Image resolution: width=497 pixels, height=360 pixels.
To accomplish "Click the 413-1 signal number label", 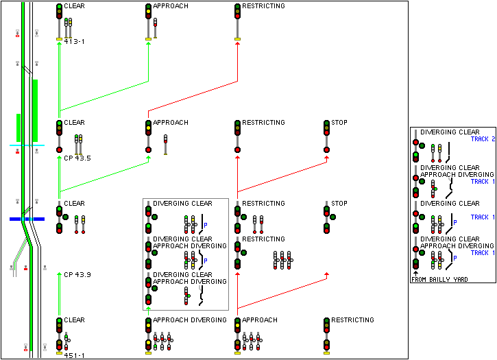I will (73, 42).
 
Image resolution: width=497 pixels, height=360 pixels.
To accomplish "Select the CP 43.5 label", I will (77, 158).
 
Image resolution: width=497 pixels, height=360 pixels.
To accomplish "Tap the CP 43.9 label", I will (77, 274).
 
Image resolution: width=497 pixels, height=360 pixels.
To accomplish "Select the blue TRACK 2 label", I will (483, 139).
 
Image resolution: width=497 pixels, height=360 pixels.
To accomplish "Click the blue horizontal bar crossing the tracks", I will (27, 219).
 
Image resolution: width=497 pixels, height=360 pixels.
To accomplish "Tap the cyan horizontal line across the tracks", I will (27, 145).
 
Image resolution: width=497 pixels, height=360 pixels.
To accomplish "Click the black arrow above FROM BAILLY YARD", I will (415, 273).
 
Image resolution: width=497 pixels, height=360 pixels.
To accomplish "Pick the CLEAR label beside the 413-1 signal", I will (74, 6).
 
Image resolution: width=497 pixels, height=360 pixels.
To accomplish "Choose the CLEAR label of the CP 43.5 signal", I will (74, 123).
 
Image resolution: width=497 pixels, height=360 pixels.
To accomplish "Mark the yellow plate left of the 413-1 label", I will (59, 40).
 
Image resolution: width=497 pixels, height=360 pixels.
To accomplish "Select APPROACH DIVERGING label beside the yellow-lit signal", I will (189, 320).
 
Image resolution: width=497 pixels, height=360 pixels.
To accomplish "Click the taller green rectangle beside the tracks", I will (35, 101).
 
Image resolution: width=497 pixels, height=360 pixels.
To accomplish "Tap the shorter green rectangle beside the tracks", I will (19, 128).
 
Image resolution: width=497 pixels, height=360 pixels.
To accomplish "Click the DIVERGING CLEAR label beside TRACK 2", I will (450, 132).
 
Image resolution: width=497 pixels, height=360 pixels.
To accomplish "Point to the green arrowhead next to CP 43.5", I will (60, 158).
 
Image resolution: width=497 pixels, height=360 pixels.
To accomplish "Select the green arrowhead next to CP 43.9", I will (60, 274).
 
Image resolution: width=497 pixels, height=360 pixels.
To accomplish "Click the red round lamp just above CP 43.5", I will (59, 149).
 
